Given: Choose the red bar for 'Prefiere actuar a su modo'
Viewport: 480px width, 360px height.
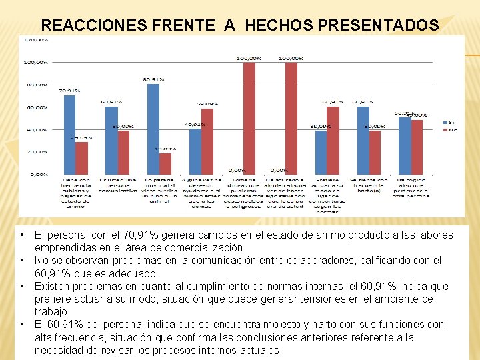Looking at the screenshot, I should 333,141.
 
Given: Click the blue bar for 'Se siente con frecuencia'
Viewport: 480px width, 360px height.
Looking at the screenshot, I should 363,141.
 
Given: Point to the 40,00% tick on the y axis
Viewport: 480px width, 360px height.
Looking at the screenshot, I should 37,129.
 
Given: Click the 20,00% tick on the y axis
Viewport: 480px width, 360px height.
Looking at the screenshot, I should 37,152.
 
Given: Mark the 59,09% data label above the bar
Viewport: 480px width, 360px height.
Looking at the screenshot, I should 207,104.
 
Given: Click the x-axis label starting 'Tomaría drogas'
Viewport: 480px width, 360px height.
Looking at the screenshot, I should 244,193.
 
